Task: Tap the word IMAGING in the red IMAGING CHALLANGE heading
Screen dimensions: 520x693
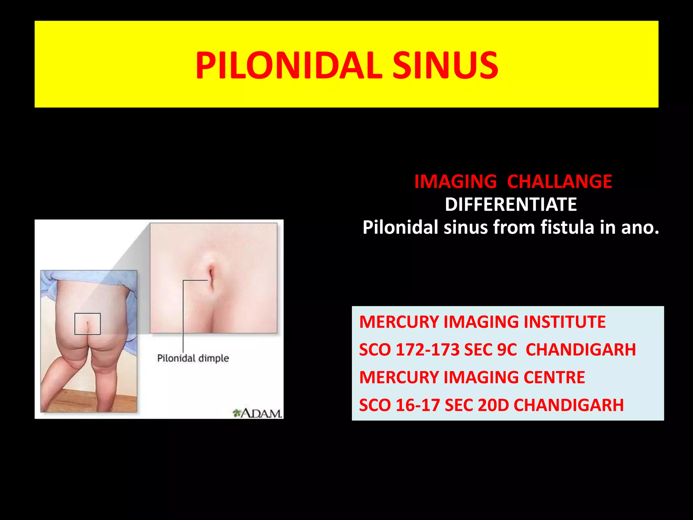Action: (455, 181)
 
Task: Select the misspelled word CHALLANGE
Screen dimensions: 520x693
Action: (560, 181)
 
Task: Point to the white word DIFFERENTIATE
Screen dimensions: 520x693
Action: (511, 204)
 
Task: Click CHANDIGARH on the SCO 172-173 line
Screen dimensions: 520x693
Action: (581, 350)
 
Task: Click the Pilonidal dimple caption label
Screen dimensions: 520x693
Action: (193, 358)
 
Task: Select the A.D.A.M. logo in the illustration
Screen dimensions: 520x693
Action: (258, 413)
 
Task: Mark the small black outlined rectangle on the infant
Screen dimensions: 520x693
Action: (87, 324)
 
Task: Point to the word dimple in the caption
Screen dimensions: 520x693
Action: (214, 359)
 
